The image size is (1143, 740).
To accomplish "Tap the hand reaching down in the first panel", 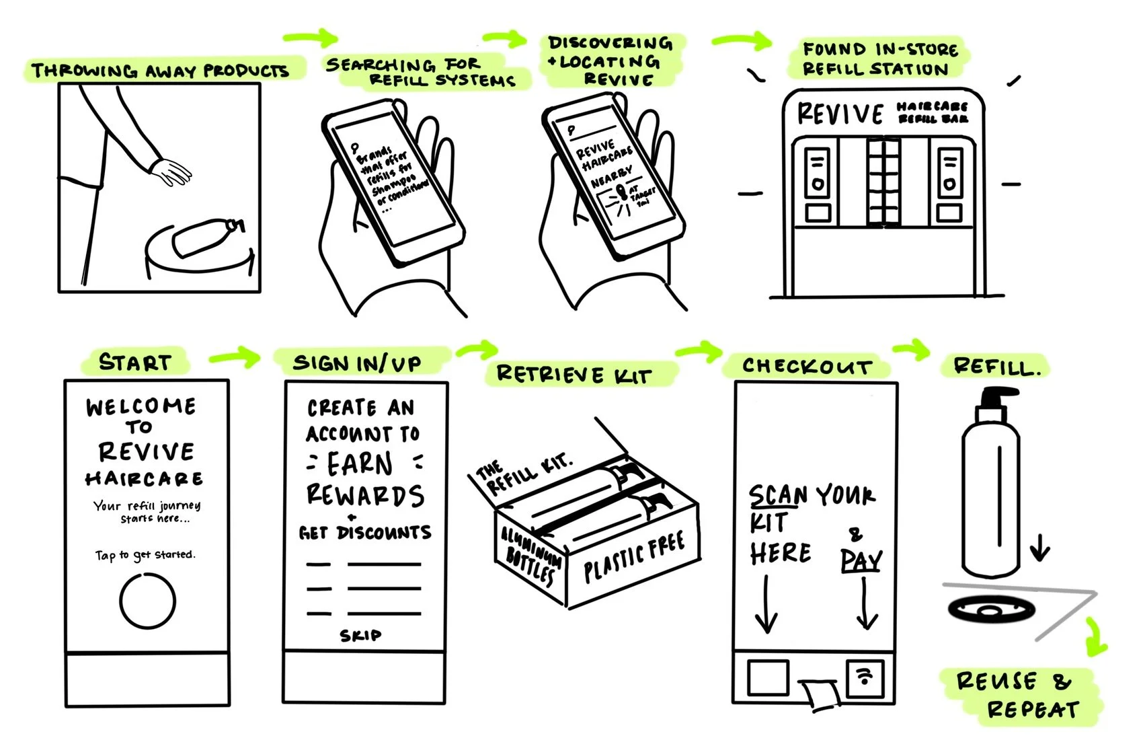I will tap(171, 173).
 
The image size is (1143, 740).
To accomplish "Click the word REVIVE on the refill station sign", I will tap(840, 114).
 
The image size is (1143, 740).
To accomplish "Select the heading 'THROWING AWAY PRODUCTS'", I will tap(160, 71).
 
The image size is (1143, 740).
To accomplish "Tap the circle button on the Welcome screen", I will tap(147, 601).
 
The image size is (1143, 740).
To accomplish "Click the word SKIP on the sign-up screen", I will tap(360, 635).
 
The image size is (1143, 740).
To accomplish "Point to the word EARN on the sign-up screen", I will tap(360, 464).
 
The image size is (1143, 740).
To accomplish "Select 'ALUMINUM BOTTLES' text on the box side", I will tap(531, 555).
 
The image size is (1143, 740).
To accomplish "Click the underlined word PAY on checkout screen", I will tap(861, 560).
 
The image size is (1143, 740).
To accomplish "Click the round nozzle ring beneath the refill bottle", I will tap(990, 611).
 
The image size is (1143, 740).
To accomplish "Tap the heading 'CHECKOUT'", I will tap(807, 367).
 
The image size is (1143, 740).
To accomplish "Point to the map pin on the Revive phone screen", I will tap(621, 194).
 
